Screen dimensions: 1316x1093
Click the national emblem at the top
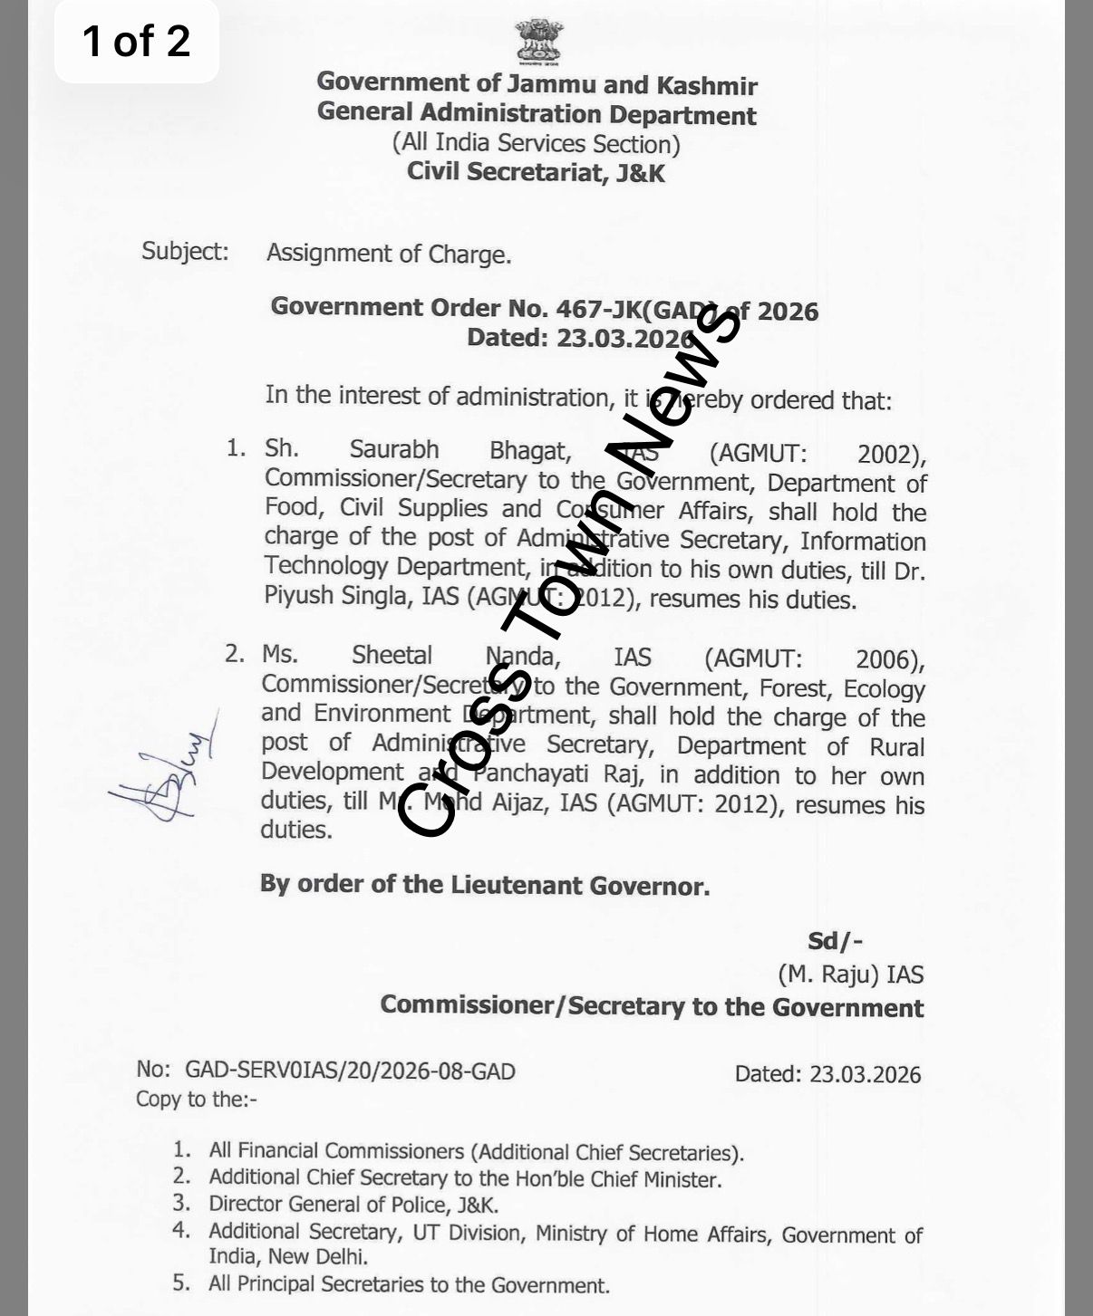538,42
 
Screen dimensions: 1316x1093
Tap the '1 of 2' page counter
136,42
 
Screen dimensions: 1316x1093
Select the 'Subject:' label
185,251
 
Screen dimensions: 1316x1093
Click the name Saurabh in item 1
394,449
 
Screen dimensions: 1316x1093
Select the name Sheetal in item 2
392,655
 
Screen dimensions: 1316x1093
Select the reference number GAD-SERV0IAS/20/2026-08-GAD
350,1071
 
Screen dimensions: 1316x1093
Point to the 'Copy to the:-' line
197,1100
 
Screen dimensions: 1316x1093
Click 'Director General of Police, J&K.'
353,1205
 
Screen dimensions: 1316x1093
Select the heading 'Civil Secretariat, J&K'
536,171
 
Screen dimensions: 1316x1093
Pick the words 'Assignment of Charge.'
389,254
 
